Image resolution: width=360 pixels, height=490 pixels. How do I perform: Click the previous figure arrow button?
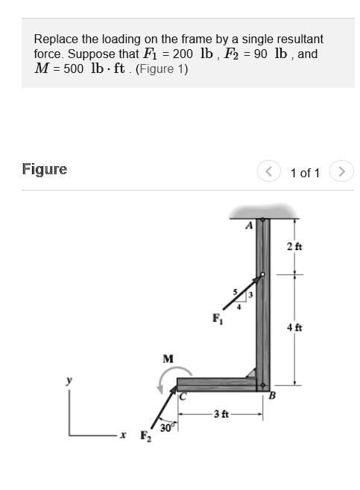pos(269,172)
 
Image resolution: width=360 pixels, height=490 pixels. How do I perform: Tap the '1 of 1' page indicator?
pos(305,173)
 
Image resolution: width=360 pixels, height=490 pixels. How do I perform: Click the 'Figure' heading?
pos(45,170)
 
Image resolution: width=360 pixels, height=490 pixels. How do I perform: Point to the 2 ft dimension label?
pos(294,246)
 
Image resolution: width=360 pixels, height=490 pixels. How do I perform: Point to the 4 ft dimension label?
pos(294,327)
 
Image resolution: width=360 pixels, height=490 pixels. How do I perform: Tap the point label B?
pos(272,396)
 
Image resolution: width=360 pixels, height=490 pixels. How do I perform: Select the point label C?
pos(181,396)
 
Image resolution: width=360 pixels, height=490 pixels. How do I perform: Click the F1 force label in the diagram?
pos(217,319)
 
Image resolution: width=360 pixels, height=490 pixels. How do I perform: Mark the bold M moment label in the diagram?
pos(168,359)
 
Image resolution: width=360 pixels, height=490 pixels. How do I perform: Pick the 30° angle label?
pos(165,427)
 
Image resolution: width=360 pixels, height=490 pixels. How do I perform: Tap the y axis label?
pos(70,380)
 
